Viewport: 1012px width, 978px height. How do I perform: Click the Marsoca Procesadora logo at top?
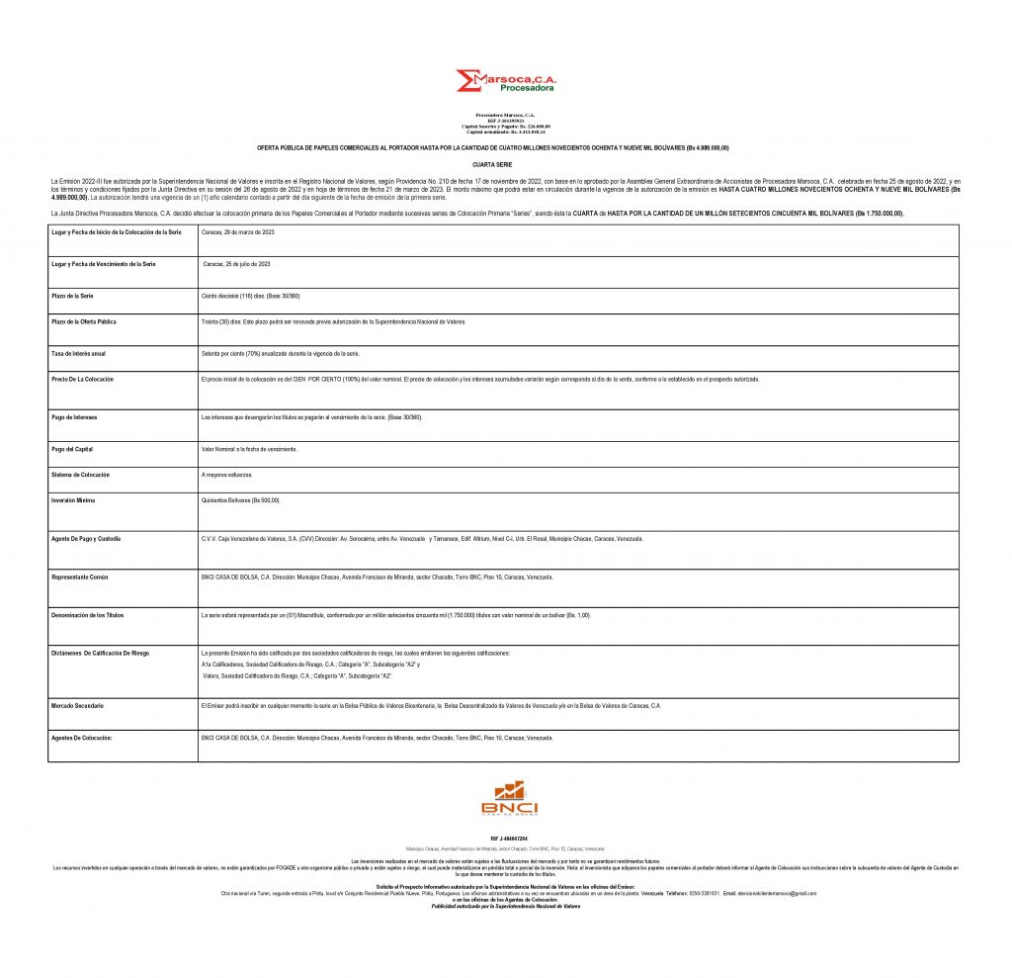[x=505, y=81]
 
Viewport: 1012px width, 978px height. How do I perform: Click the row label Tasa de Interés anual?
[x=85, y=353]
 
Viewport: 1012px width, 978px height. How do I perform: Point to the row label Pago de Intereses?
[x=75, y=417]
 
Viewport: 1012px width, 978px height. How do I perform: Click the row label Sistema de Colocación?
[x=81, y=475]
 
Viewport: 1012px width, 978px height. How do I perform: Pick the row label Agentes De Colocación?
[x=81, y=739]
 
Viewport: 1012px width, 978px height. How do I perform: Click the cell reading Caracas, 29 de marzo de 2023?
[x=237, y=231]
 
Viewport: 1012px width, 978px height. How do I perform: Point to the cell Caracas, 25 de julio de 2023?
[x=237, y=265]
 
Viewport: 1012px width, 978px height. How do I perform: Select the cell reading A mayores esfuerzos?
[x=226, y=475]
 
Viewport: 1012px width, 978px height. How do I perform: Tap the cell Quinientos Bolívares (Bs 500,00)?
[x=240, y=500]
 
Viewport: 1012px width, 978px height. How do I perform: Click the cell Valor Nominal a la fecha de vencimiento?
[x=248, y=450]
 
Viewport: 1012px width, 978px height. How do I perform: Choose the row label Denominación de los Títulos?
[x=87, y=615]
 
